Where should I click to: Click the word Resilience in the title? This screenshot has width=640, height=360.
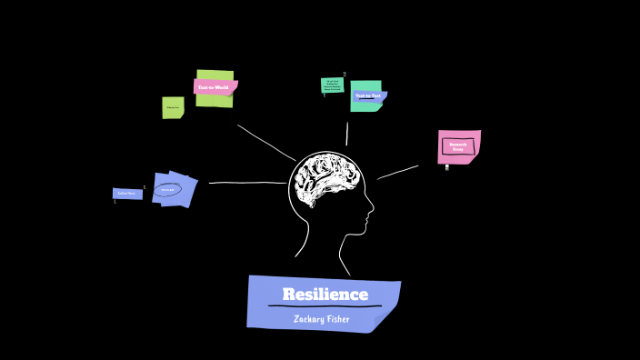pyautogui.click(x=325, y=295)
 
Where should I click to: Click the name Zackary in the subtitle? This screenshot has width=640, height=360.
pyautogui.click(x=309, y=318)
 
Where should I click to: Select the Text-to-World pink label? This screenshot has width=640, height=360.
pyautogui.click(x=215, y=87)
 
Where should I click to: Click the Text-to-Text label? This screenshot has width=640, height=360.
pyautogui.click(x=367, y=95)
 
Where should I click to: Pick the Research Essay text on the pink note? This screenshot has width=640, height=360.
pyautogui.click(x=458, y=145)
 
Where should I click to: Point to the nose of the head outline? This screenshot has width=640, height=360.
pyautogui.click(x=371, y=215)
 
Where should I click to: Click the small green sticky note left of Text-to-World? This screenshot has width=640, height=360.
pyautogui.click(x=173, y=107)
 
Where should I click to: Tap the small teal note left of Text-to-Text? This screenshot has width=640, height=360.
pyautogui.click(x=332, y=85)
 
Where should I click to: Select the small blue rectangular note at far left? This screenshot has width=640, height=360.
pyautogui.click(x=127, y=194)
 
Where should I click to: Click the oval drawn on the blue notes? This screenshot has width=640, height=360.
pyautogui.click(x=167, y=190)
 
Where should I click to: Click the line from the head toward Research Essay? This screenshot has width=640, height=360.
pyautogui.click(x=398, y=172)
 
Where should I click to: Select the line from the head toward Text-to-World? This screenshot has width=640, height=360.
pyautogui.click(x=265, y=143)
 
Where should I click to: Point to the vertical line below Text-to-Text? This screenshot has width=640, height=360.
pyautogui.click(x=346, y=134)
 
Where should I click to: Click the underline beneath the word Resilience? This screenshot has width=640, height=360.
pyautogui.click(x=325, y=306)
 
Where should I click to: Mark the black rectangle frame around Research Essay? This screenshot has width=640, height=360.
pyautogui.click(x=458, y=145)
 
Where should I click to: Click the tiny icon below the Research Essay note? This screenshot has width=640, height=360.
pyautogui.click(x=446, y=167)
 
